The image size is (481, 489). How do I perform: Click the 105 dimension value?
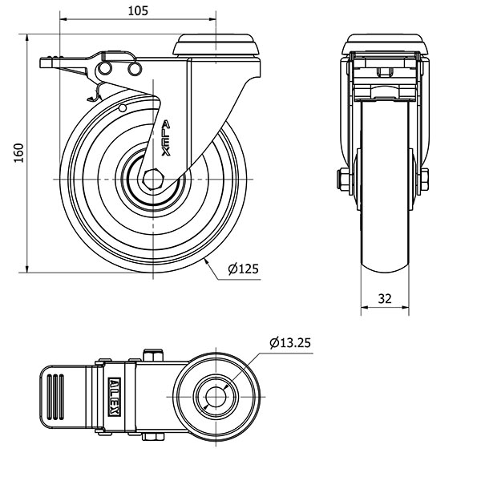click(x=138, y=11)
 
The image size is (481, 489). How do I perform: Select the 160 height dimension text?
click(x=19, y=153)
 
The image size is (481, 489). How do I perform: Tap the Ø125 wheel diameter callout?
click(x=244, y=269)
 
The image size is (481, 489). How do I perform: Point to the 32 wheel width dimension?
click(x=385, y=299)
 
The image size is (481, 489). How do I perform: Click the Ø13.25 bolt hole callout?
click(x=290, y=343)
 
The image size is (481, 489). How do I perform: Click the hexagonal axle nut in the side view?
click(x=153, y=180)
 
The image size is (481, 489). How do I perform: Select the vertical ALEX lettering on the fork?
click(x=166, y=138)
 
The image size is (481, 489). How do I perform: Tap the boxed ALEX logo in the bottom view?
click(x=114, y=397)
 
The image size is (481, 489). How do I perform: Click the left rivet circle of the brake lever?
click(x=105, y=68)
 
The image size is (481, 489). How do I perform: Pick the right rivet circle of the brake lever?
click(x=135, y=69)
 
